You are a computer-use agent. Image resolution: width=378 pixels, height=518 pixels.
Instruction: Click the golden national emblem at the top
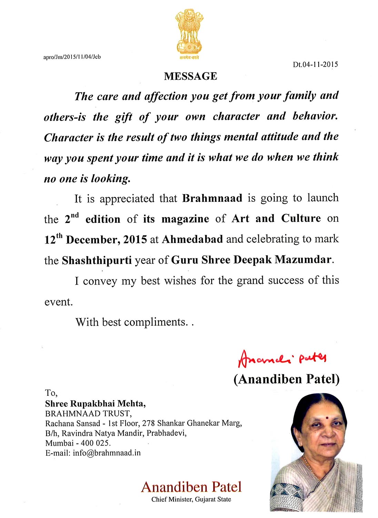(x=189, y=33)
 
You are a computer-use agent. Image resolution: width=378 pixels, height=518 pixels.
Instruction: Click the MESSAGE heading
(x=190, y=76)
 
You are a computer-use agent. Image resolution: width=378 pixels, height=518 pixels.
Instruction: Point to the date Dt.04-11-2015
(x=315, y=65)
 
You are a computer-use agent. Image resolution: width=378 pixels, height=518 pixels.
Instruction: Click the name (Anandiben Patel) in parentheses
(x=286, y=379)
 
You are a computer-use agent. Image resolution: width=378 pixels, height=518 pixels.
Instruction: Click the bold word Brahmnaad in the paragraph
(x=212, y=198)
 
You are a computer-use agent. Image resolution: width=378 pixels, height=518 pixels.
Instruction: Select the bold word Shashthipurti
(x=97, y=260)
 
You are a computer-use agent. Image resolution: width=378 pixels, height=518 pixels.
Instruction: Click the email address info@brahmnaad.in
(x=107, y=453)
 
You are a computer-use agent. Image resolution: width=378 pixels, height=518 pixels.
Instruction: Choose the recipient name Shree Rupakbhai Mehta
(x=95, y=403)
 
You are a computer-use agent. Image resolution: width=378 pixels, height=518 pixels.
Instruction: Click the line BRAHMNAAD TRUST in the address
(x=88, y=413)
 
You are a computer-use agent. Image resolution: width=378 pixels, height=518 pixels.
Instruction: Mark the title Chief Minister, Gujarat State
(x=191, y=499)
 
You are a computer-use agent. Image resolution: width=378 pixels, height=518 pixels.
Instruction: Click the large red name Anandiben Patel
(x=191, y=487)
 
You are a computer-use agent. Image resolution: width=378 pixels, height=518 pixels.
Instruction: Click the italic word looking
(x=111, y=179)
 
